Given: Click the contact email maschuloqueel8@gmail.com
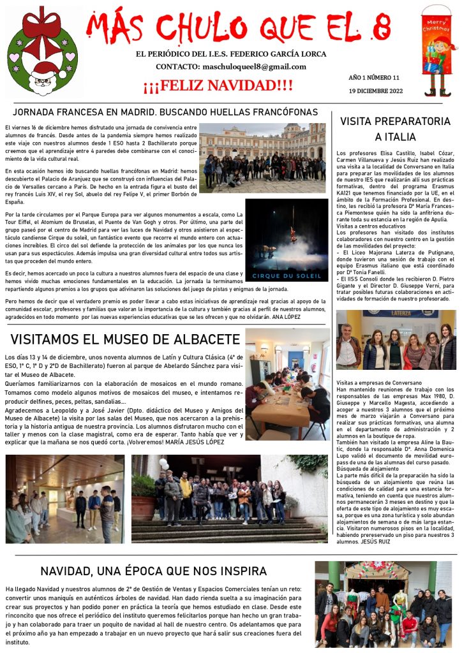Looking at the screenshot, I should (254, 66).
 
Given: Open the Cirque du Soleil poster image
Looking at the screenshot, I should (287, 240).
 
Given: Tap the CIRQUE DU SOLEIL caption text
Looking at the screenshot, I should (286, 275).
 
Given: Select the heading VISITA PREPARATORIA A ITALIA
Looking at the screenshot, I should (395, 129).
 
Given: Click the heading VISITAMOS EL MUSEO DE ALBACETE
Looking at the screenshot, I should (125, 339).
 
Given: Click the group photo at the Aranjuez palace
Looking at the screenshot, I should (262, 158).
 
